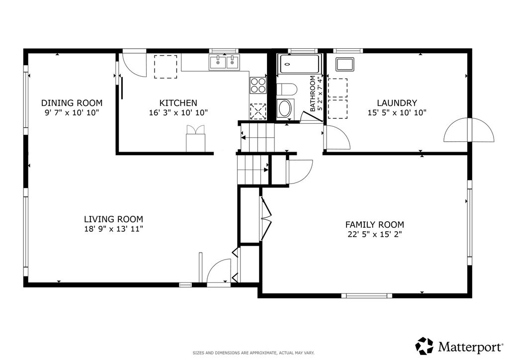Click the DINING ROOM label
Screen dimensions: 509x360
click(x=72, y=103)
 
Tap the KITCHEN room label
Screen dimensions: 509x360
click(x=178, y=103)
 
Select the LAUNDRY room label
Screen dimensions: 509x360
click(x=397, y=103)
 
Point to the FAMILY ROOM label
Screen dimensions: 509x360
click(x=375, y=225)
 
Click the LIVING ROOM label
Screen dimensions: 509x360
click(x=114, y=219)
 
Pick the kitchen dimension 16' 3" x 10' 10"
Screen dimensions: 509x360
click(x=178, y=113)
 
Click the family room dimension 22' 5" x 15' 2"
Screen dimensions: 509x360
click(x=375, y=234)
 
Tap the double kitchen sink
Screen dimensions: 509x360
click(x=224, y=62)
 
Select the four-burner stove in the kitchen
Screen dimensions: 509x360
click(x=258, y=86)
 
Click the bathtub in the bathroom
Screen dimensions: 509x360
click(x=299, y=64)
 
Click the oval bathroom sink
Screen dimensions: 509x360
click(x=285, y=108)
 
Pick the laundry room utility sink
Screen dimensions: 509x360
click(x=345, y=64)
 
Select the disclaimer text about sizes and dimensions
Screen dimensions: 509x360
click(x=254, y=353)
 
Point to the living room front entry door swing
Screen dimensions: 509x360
click(x=219, y=271)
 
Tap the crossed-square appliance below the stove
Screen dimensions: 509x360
click(x=258, y=111)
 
